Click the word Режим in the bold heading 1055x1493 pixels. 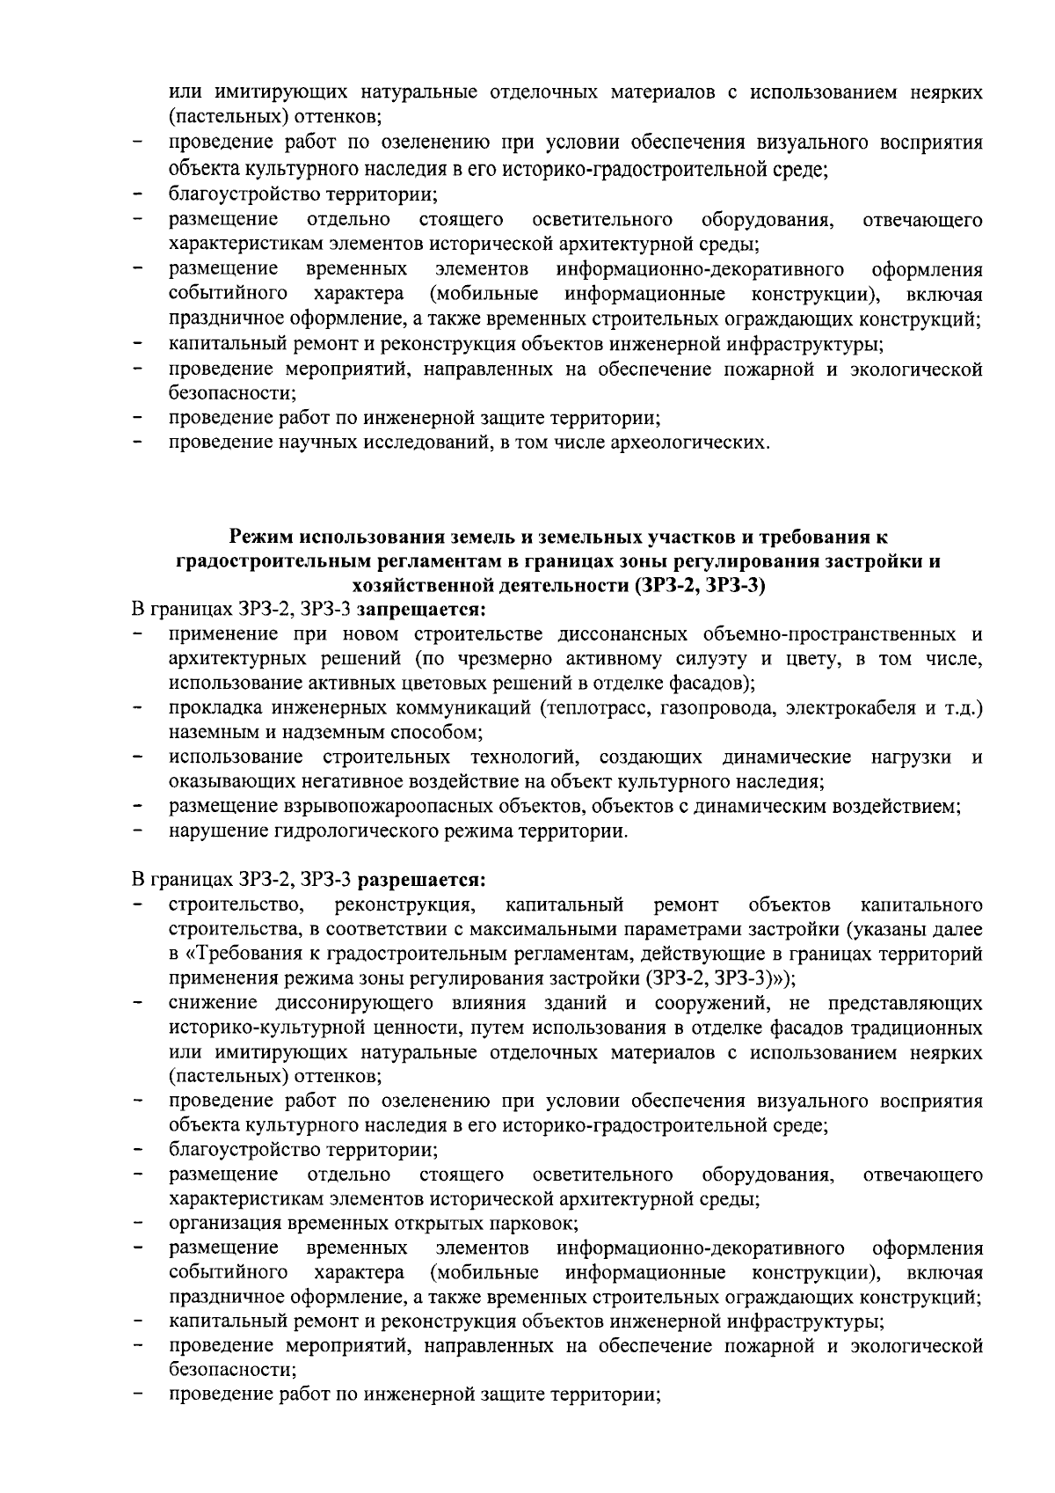pyautogui.click(x=261, y=536)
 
